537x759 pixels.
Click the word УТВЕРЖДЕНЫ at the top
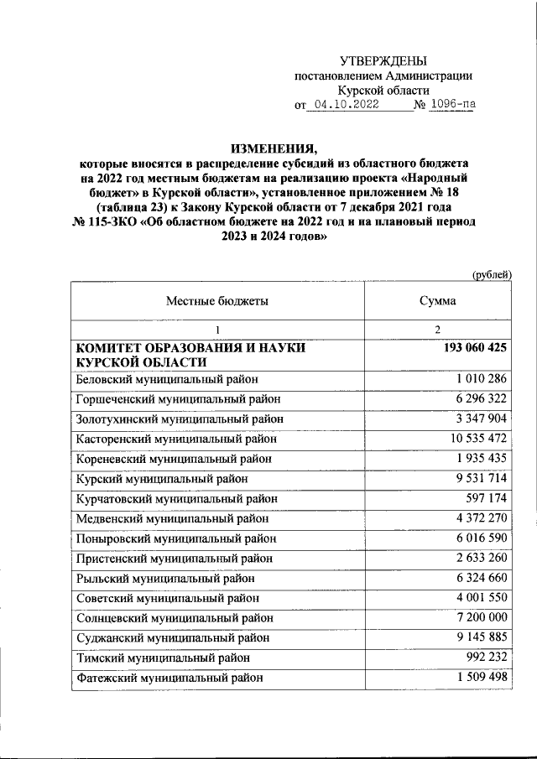point(383,60)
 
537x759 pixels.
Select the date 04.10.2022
point(343,106)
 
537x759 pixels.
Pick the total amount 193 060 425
point(473,347)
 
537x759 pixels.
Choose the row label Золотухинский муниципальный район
point(180,418)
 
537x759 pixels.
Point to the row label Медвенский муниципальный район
point(172,518)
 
